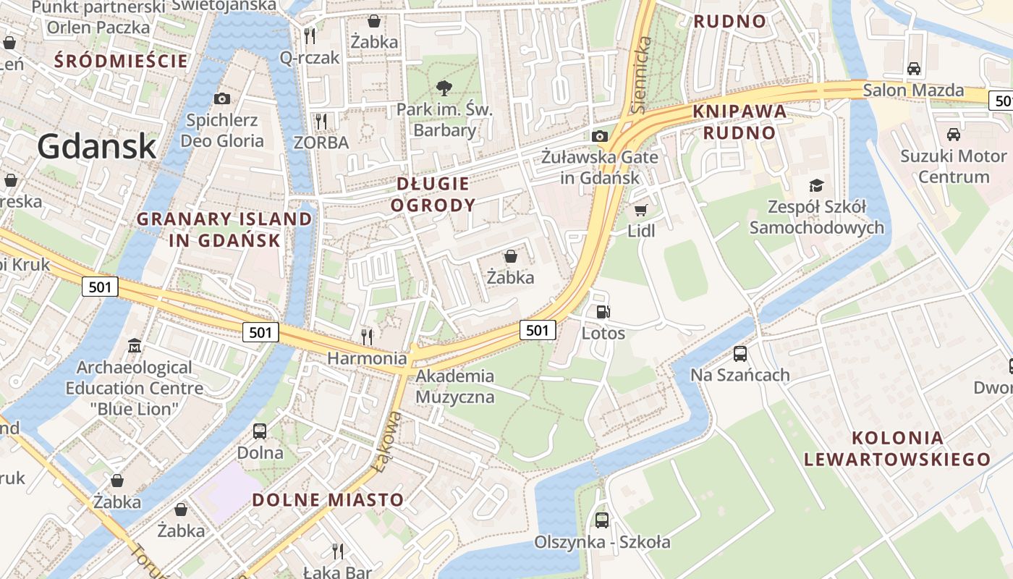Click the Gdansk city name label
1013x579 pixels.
click(97, 146)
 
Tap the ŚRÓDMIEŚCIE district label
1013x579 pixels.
click(121, 61)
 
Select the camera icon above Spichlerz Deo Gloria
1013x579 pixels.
click(222, 98)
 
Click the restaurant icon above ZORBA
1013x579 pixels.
click(321, 121)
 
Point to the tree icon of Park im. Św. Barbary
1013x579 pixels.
click(444, 88)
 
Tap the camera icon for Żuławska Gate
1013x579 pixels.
click(599, 136)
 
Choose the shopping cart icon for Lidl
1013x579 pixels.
click(640, 210)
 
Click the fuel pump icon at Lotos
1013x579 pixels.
click(602, 312)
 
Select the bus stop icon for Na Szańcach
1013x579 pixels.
click(739, 354)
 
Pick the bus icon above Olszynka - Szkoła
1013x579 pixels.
click(602, 520)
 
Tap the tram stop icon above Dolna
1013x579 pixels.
click(260, 431)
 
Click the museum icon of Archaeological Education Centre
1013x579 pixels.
click(135, 346)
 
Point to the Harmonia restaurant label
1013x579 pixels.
click(367, 358)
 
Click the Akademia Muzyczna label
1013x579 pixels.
click(455, 386)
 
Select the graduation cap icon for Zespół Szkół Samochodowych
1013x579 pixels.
click(816, 185)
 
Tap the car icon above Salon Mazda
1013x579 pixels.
click(914, 69)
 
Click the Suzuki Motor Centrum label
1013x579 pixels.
click(954, 166)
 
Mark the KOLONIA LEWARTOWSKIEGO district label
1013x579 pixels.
click(897, 448)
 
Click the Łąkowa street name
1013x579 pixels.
click(389, 441)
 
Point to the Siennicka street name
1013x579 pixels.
click(640, 76)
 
